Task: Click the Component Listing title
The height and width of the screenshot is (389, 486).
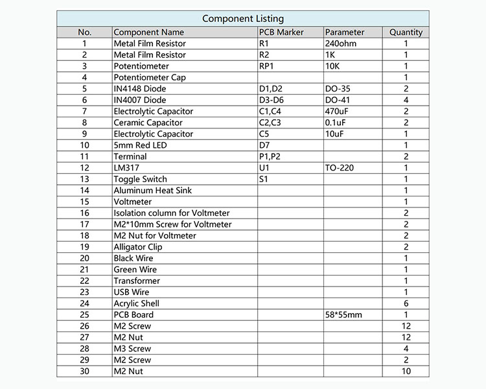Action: click(x=242, y=19)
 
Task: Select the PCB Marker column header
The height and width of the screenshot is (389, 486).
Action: click(x=281, y=32)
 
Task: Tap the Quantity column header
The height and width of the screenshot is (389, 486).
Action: click(x=406, y=32)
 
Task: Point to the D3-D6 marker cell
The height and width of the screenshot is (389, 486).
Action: click(x=271, y=100)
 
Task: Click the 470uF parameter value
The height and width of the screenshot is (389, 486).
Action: click(x=338, y=112)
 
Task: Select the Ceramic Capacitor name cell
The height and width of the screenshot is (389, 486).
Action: click(x=148, y=123)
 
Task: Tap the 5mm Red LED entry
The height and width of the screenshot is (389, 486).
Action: click(x=140, y=145)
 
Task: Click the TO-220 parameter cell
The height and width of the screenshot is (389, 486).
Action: click(x=340, y=168)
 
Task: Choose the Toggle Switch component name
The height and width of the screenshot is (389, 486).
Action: click(x=140, y=179)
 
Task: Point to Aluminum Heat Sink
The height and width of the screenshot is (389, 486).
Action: click(x=152, y=191)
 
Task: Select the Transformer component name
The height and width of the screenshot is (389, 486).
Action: click(x=137, y=281)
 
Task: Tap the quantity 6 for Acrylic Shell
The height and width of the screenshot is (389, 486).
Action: click(x=406, y=303)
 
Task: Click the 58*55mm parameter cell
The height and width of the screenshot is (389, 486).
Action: click(x=343, y=315)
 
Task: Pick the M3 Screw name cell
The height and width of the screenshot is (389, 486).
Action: click(x=132, y=349)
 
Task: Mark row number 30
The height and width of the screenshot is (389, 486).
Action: click(x=84, y=371)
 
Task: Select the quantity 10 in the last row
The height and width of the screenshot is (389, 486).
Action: click(x=406, y=371)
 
